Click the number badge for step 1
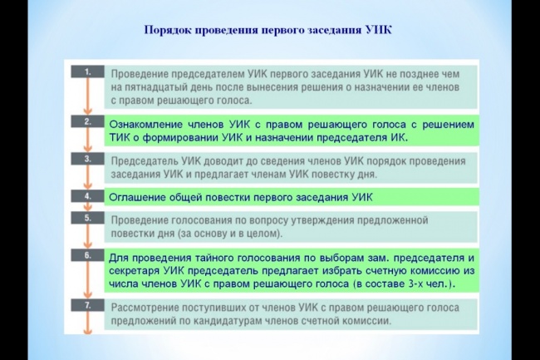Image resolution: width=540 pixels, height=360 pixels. pyautogui.click(x=88, y=72)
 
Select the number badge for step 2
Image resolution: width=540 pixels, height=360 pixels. pyautogui.click(x=88, y=121)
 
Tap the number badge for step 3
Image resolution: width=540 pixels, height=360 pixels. pyautogui.click(x=88, y=159)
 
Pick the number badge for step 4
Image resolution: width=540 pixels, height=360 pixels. pyautogui.click(x=88, y=196)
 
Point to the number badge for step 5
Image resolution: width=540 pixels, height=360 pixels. pyautogui.click(x=88, y=218)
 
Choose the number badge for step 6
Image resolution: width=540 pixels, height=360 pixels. pyautogui.click(x=88, y=255)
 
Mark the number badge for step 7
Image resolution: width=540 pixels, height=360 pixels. pyautogui.click(x=88, y=305)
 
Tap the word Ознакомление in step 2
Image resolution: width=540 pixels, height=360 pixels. pyautogui.click(x=146, y=125)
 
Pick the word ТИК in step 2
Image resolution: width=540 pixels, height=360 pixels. pyautogui.click(x=119, y=137)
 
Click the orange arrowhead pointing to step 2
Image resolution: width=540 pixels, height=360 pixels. pyautogui.click(x=88, y=111)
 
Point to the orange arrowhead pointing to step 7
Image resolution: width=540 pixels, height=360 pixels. pyautogui.click(x=88, y=295)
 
